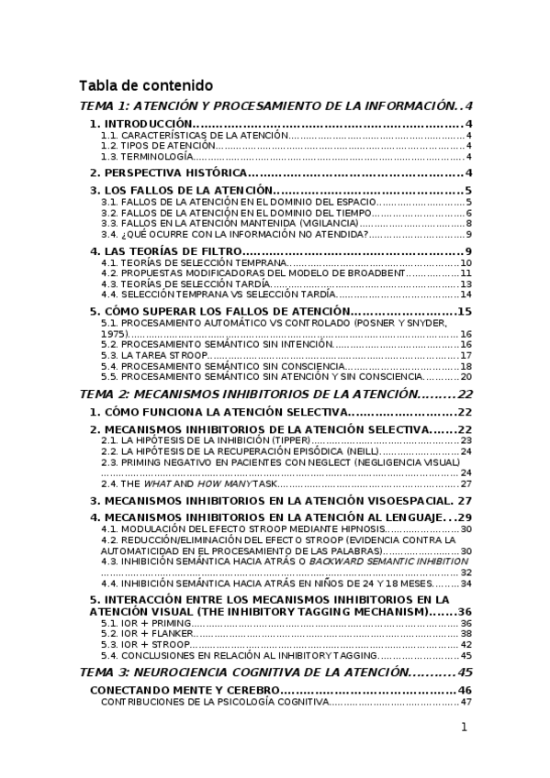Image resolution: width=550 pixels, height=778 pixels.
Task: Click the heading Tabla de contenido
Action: click(146, 85)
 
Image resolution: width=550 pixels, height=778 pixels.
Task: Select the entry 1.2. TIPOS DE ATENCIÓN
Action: click(159, 146)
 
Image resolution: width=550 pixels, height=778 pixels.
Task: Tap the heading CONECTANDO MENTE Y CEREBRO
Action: click(181, 689)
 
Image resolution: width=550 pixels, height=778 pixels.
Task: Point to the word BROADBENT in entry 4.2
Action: click(378, 273)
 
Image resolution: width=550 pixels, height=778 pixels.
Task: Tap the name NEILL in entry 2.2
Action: click(359, 451)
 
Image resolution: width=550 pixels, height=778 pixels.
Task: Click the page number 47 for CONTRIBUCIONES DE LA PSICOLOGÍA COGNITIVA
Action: click(466, 702)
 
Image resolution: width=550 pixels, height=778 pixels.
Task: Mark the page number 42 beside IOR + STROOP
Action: click(466, 645)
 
